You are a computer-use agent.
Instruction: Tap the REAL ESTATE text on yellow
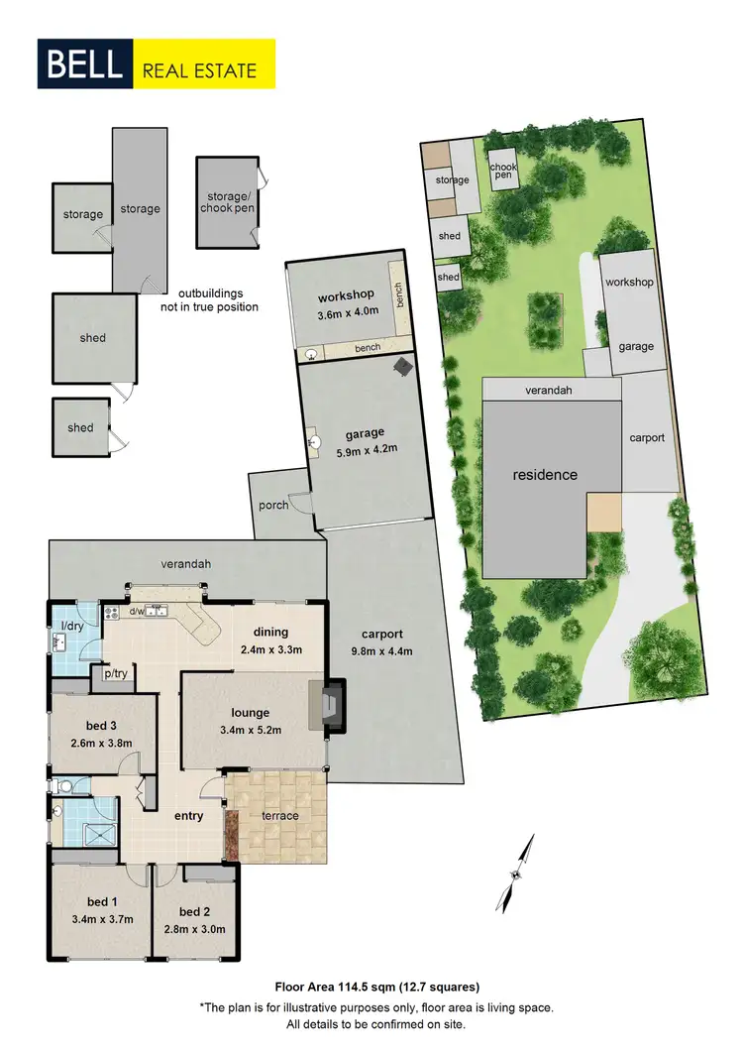[x=199, y=70]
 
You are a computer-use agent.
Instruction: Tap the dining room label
[x=270, y=632]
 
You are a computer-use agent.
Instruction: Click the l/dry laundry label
[x=72, y=626]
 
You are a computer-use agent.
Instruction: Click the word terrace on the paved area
[x=281, y=816]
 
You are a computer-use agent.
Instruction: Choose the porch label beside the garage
[x=273, y=506]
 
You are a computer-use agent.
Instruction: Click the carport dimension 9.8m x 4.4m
[x=380, y=650]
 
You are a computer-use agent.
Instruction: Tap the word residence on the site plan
[x=545, y=475]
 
